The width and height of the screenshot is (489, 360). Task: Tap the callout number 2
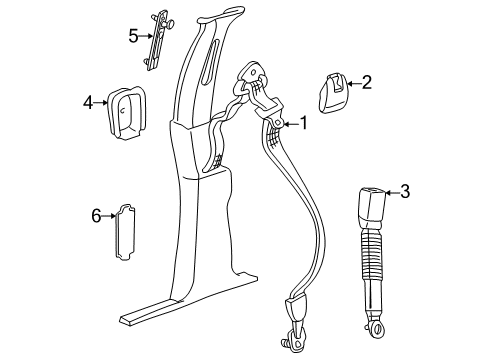[x=366, y=83]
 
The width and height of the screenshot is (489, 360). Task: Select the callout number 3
[x=404, y=191]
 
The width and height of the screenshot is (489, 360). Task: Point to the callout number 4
[x=89, y=102]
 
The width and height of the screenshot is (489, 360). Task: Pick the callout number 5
[x=133, y=37]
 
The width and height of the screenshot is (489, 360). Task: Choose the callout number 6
[x=97, y=215]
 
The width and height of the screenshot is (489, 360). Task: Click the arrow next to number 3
[x=392, y=192]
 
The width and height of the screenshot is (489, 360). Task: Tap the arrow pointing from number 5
[x=146, y=37]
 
